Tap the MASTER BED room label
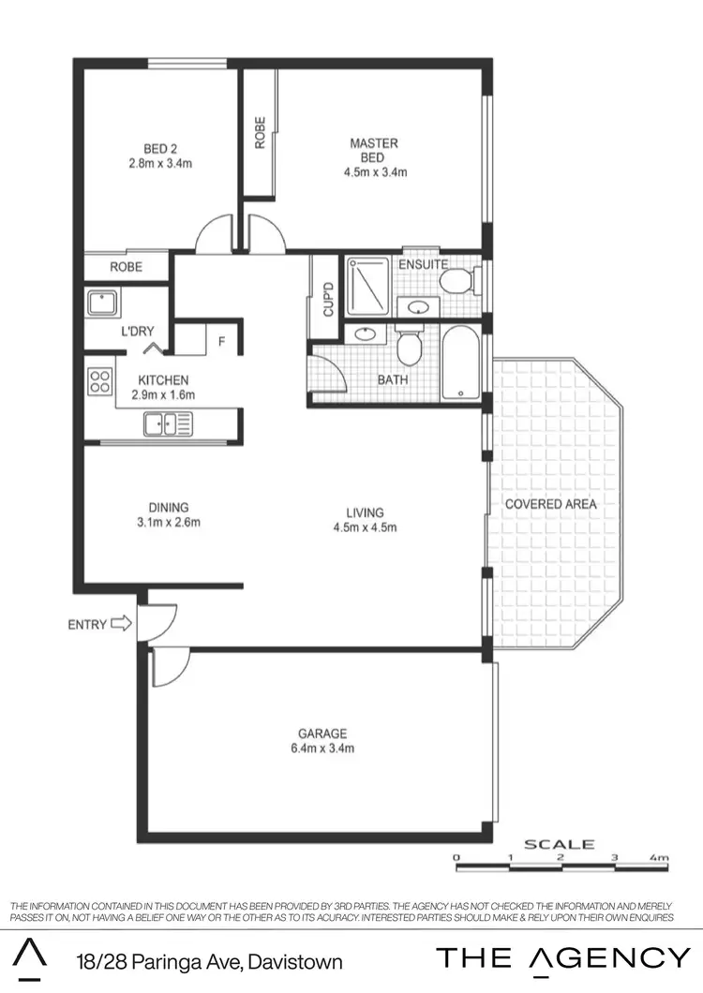click(374, 150)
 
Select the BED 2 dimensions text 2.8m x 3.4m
click(160, 163)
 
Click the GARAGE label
click(322, 734)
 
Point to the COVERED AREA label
click(550, 504)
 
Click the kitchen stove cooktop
click(99, 379)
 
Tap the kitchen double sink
click(168, 425)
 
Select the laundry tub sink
click(100, 304)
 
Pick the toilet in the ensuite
click(456, 279)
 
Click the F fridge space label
click(221, 341)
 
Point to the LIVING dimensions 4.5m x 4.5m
click(365, 527)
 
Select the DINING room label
click(168, 508)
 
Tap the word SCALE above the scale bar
click(559, 844)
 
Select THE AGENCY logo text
click(563, 958)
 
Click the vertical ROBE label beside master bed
click(260, 132)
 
